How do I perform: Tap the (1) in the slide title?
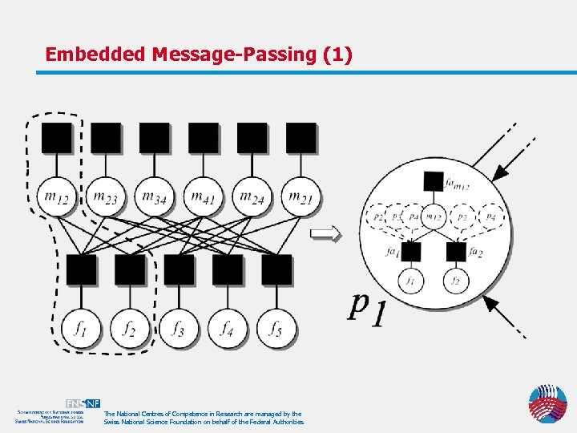(337, 55)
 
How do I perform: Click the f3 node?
(179, 328)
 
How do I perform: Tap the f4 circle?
(228, 328)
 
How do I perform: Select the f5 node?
(276, 328)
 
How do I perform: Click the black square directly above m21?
(301, 137)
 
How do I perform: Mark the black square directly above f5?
(276, 269)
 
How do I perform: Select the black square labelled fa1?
(411, 252)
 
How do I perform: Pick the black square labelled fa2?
(455, 252)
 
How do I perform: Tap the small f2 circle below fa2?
(455, 281)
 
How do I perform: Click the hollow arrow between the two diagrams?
(325, 233)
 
